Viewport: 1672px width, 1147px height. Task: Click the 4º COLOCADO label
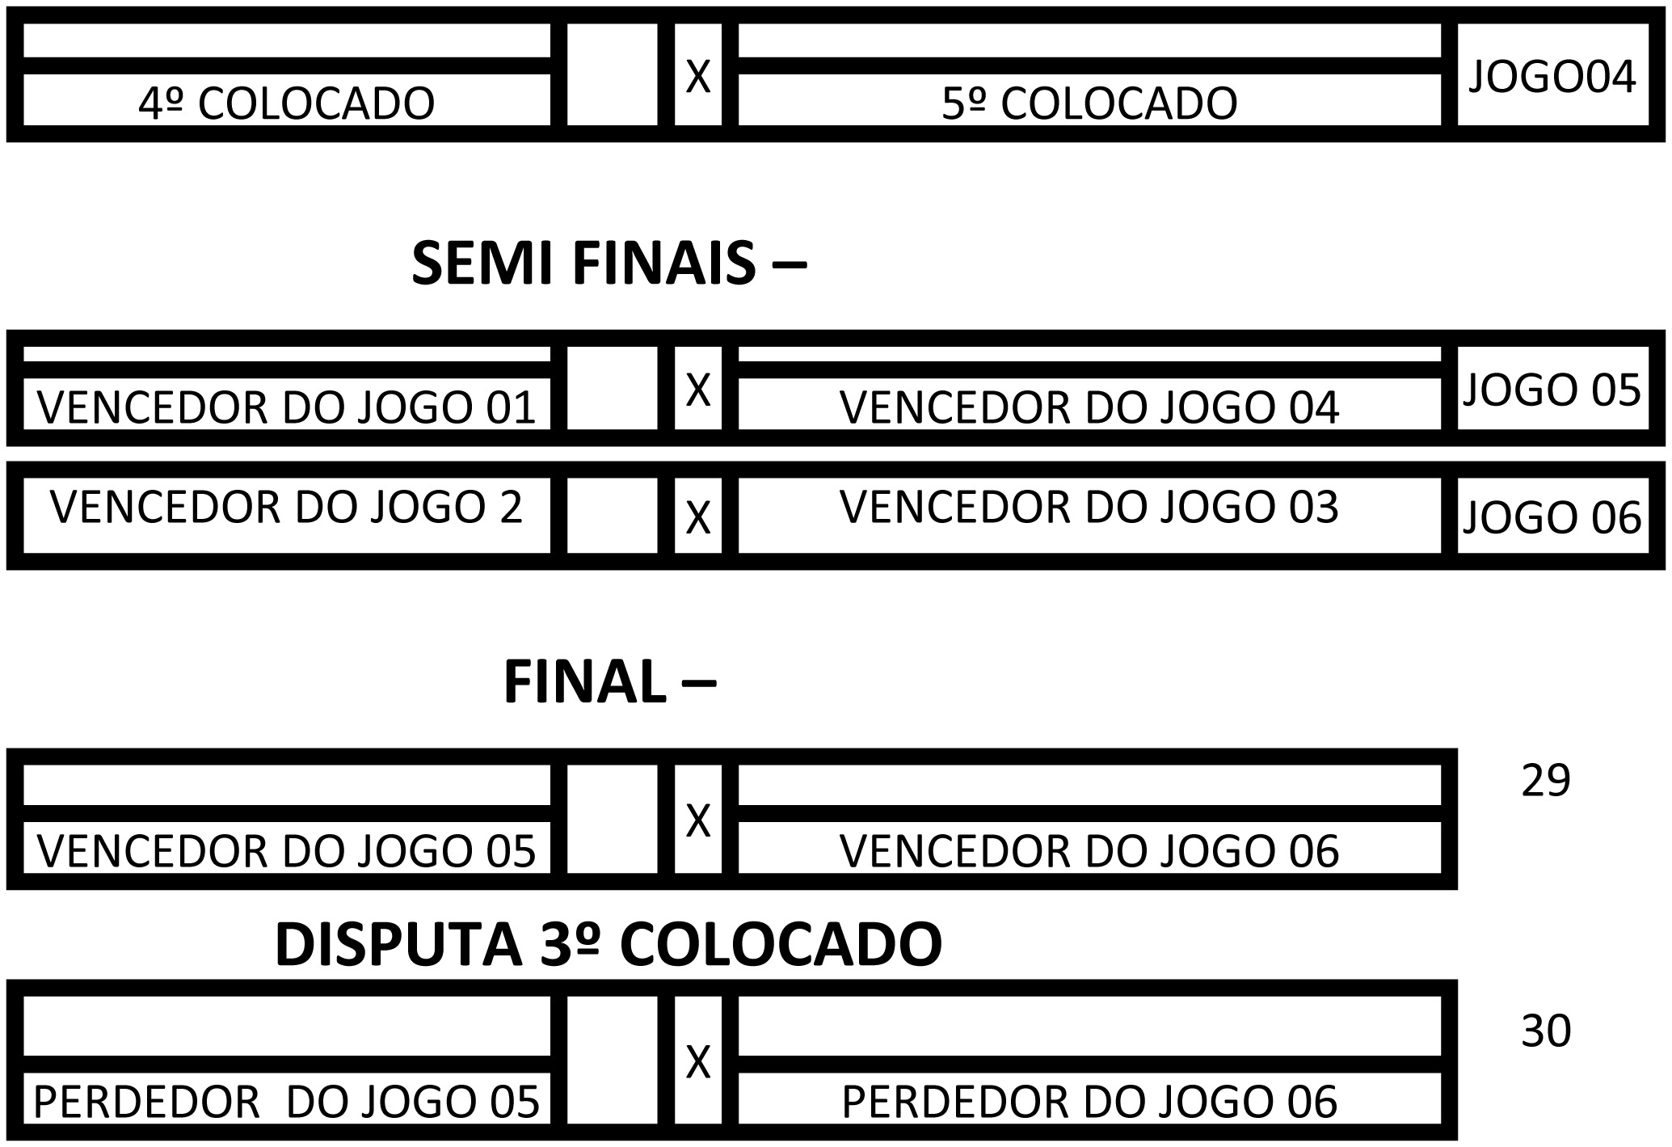click(286, 103)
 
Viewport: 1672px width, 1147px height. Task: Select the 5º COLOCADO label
click(1089, 103)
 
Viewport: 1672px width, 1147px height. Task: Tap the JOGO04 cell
click(1552, 77)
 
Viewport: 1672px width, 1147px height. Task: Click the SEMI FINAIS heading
click(609, 264)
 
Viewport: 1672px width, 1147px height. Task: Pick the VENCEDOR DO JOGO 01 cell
click(286, 407)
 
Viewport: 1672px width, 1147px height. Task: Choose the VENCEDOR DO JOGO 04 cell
click(1089, 407)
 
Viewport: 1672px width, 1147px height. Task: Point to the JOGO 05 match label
click(1552, 390)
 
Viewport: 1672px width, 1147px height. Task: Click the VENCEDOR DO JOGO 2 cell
click(286, 507)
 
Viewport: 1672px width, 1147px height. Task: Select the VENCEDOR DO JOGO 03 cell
click(1089, 507)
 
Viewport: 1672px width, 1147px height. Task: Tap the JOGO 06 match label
click(1552, 517)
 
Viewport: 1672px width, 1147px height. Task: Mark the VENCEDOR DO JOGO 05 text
click(286, 850)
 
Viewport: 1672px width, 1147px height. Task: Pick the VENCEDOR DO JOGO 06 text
click(1089, 850)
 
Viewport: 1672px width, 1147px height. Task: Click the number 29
click(1545, 781)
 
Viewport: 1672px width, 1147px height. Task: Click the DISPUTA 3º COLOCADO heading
click(608, 944)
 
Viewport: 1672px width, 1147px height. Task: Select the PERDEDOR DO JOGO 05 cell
click(286, 1101)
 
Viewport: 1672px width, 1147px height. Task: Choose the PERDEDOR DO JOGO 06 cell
click(1089, 1101)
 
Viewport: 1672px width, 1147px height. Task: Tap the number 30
click(1545, 1031)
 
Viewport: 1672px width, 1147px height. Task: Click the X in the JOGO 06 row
click(697, 517)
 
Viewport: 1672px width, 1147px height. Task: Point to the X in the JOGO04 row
click(697, 77)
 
